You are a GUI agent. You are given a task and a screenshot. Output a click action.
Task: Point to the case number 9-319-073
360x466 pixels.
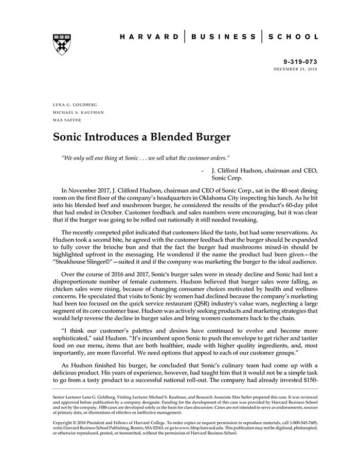click(300, 61)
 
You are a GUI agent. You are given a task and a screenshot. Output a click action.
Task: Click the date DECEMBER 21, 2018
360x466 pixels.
click(296, 69)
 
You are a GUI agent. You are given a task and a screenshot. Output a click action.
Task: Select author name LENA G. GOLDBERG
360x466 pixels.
click(75, 104)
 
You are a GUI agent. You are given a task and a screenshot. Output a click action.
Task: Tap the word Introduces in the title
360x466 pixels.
click(111, 137)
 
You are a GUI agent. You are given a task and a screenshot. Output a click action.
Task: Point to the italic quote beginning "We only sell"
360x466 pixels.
click(146, 156)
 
